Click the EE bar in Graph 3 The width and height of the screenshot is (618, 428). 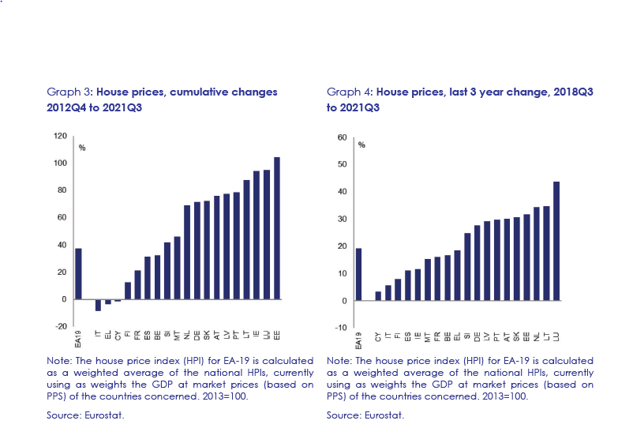tap(276, 228)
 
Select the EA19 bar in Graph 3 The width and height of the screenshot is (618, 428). tap(77, 274)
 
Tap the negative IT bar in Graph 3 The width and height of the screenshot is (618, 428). tap(98, 305)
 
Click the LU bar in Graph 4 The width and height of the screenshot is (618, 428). tap(556, 241)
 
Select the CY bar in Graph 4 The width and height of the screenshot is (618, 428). tap(378, 296)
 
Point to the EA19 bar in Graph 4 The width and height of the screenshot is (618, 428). tap(358, 274)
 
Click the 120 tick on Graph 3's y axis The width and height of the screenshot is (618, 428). tap(59, 136)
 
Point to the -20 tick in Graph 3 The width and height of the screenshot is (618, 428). tap(59, 326)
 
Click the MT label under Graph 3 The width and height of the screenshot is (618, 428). tap(178, 336)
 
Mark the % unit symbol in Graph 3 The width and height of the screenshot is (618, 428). tap(81, 148)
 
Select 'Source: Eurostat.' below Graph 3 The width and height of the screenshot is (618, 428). tap(83, 415)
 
